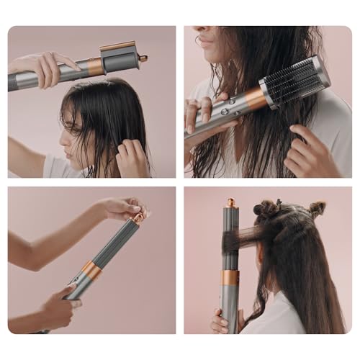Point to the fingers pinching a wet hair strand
click(132, 155)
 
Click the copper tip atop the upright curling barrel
click(232, 203)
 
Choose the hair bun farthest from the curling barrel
click(316, 208)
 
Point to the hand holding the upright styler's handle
click(220, 322)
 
